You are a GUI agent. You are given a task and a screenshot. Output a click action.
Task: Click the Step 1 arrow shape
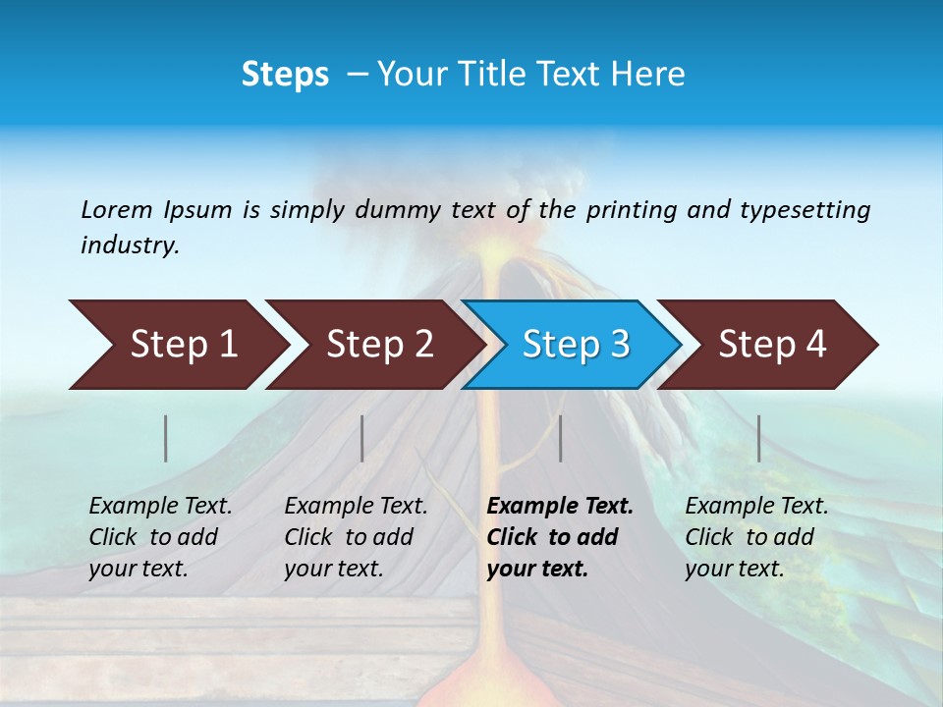[x=182, y=345]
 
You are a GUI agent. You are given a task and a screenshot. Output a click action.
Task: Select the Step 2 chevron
[x=379, y=345]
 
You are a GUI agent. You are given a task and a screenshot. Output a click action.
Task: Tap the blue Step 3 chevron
[x=576, y=345]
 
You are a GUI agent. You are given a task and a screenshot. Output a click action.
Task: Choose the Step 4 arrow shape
[x=772, y=345]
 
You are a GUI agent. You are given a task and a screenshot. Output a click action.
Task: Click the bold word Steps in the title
[x=285, y=75]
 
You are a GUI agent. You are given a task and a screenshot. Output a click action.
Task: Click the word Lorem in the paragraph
[x=116, y=209]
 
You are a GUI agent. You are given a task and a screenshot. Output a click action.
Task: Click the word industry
[x=130, y=245]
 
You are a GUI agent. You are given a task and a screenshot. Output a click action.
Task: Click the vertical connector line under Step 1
[x=166, y=438]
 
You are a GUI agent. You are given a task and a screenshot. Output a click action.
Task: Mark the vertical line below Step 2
[x=362, y=438]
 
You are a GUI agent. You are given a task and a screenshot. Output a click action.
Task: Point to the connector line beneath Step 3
[x=560, y=438]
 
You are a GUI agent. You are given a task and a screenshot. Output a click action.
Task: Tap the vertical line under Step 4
[x=758, y=438]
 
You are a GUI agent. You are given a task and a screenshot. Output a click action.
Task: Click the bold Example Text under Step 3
[x=560, y=537]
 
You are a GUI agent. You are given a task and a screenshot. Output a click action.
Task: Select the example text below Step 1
[x=160, y=537]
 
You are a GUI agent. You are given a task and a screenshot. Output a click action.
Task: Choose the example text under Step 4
[x=756, y=537]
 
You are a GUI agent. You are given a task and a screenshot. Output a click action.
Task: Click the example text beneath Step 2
[x=356, y=537]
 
